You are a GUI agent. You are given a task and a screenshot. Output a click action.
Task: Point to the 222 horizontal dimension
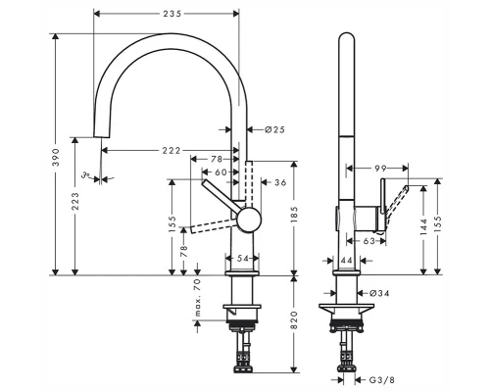coord(171,150)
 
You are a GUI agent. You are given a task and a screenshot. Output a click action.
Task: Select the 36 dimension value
coord(279,182)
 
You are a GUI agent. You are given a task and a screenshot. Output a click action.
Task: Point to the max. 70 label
coord(197,298)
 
